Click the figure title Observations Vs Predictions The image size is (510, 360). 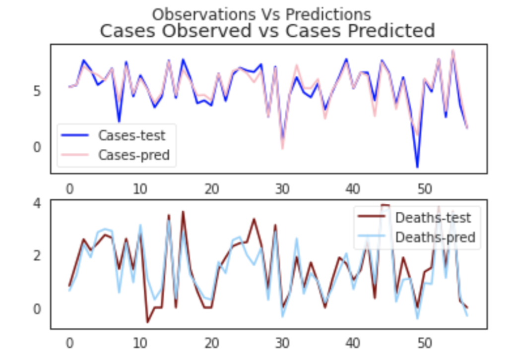click(x=261, y=14)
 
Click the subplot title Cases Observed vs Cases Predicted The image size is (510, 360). click(x=267, y=31)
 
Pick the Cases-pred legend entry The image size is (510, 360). click(x=133, y=155)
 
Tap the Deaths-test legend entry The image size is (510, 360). click(x=433, y=217)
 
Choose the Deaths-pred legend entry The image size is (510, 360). click(x=435, y=238)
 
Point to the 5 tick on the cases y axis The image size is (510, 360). click(x=39, y=91)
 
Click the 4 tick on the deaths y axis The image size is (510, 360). click(x=39, y=203)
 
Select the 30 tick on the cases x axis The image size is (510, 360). click(x=282, y=188)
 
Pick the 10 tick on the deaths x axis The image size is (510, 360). click(x=140, y=343)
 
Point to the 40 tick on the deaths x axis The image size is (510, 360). click(x=353, y=343)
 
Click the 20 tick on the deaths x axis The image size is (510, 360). click(x=211, y=343)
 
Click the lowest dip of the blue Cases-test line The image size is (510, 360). click(x=417, y=167)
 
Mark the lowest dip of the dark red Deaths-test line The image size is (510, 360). click(x=147, y=322)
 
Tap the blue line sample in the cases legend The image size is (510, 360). click(x=74, y=135)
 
